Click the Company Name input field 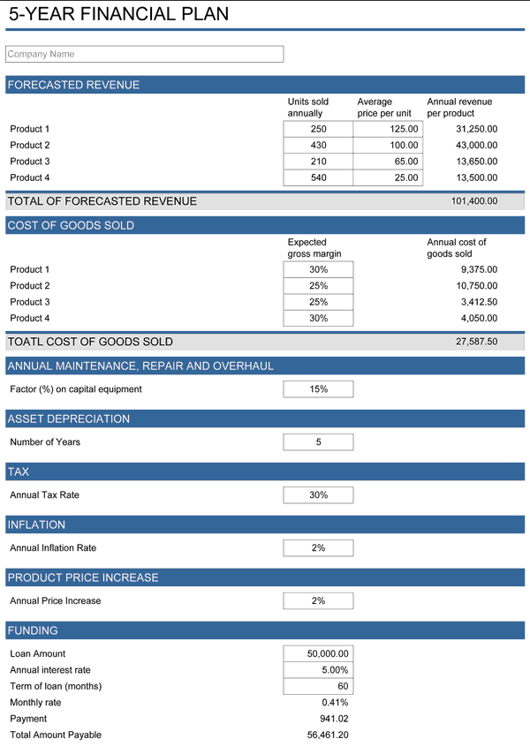[144, 54]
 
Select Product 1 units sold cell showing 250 [318, 129]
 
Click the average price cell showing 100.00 [388, 145]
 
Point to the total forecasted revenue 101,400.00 [474, 201]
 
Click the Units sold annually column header [308, 107]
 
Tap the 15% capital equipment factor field [318, 389]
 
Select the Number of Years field [318, 442]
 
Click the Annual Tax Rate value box [318, 495]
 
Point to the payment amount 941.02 [334, 719]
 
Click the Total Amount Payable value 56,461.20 [327, 735]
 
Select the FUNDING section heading [33, 630]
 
